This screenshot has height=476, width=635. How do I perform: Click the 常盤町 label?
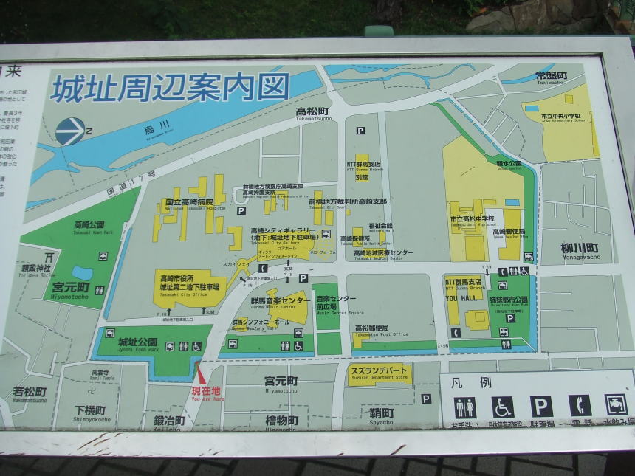coord(551,77)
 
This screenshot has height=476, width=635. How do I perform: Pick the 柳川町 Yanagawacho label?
coord(579,249)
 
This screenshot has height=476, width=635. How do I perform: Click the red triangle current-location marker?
coord(201,373)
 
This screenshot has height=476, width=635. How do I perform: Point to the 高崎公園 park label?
coord(89,225)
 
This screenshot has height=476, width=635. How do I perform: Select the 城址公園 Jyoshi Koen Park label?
coord(137,343)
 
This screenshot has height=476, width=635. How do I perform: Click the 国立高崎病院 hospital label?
coord(188,202)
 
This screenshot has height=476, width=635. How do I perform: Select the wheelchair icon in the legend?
coord(502,406)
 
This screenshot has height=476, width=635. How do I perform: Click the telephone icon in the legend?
coord(579,405)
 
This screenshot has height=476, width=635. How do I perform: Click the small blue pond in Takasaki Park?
coord(83,272)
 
